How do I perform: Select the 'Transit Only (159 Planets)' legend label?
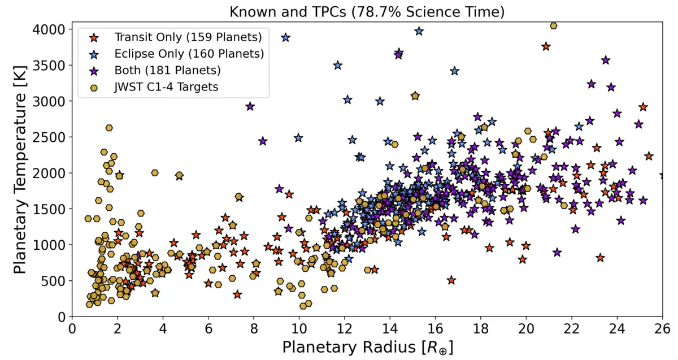(188, 38)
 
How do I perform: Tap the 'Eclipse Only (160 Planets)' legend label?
(189, 54)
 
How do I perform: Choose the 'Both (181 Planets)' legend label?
(167, 71)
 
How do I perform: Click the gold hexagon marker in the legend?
(95, 87)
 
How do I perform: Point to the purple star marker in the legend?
(95, 71)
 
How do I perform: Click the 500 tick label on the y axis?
(55, 280)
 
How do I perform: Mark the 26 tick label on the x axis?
(662, 328)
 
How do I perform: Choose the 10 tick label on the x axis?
(299, 328)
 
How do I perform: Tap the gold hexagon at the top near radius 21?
(554, 25)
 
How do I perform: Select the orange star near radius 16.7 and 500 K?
(451, 280)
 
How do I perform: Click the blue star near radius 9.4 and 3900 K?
(286, 37)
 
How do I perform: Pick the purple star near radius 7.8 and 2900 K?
(250, 106)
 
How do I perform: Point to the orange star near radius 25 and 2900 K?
(643, 107)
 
